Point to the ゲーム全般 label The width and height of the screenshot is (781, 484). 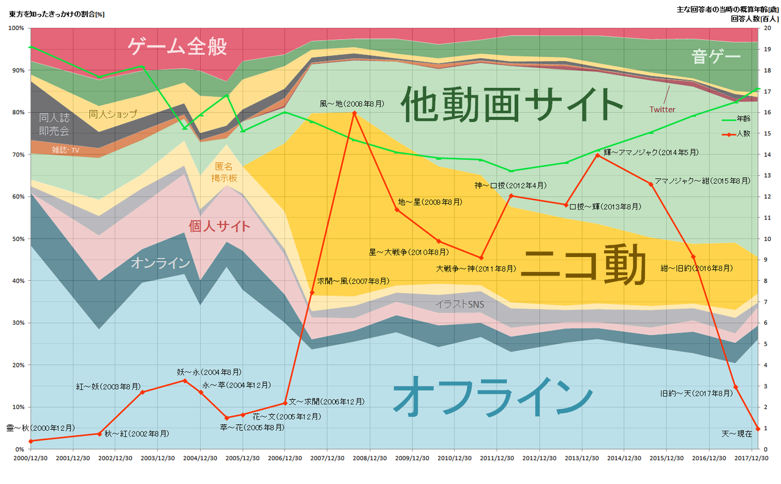point(177,46)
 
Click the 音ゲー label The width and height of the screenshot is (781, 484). point(716,57)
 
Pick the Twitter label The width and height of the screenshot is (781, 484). point(661,109)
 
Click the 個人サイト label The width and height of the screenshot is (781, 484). point(220,226)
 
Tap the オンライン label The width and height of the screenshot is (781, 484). point(160,263)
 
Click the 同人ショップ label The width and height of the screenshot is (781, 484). point(113,114)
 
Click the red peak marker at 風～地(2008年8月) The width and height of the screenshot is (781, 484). point(354,113)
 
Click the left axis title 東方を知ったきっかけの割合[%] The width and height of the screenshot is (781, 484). point(55,14)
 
